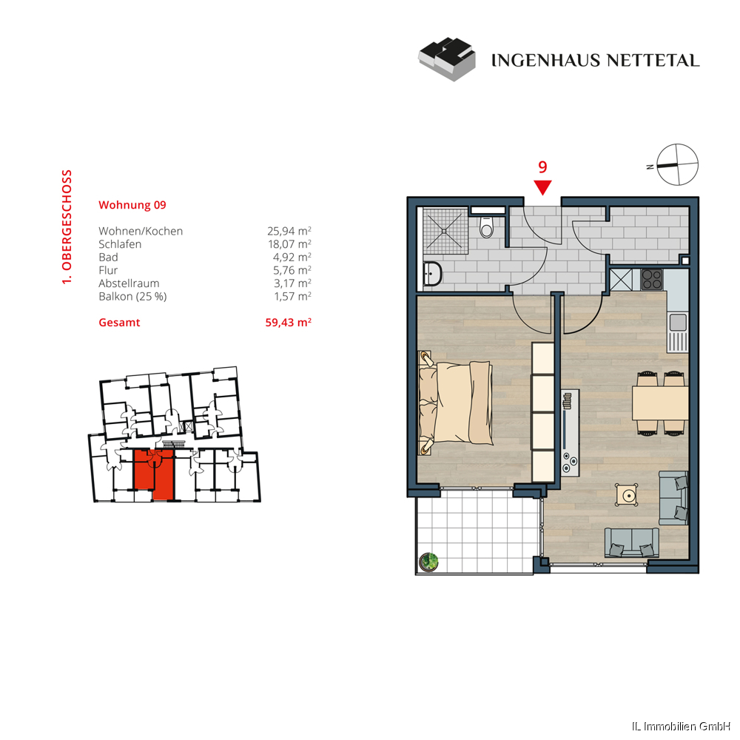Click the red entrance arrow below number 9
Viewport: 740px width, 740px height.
tap(543, 188)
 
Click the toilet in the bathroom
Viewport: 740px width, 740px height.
tap(486, 225)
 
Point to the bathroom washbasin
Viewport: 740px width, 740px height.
tap(431, 275)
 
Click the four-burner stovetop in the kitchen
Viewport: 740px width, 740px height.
tap(652, 279)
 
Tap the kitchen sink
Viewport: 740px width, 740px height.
tap(677, 322)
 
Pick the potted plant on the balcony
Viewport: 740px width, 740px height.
tap(428, 562)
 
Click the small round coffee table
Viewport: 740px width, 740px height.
tap(628, 494)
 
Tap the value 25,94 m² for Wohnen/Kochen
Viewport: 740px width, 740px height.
tap(289, 231)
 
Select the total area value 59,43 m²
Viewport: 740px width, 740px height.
tap(288, 323)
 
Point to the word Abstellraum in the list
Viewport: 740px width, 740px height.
tap(129, 283)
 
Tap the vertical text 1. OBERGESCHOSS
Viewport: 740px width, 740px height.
tap(67, 227)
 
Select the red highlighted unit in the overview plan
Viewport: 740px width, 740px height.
tap(153, 474)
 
